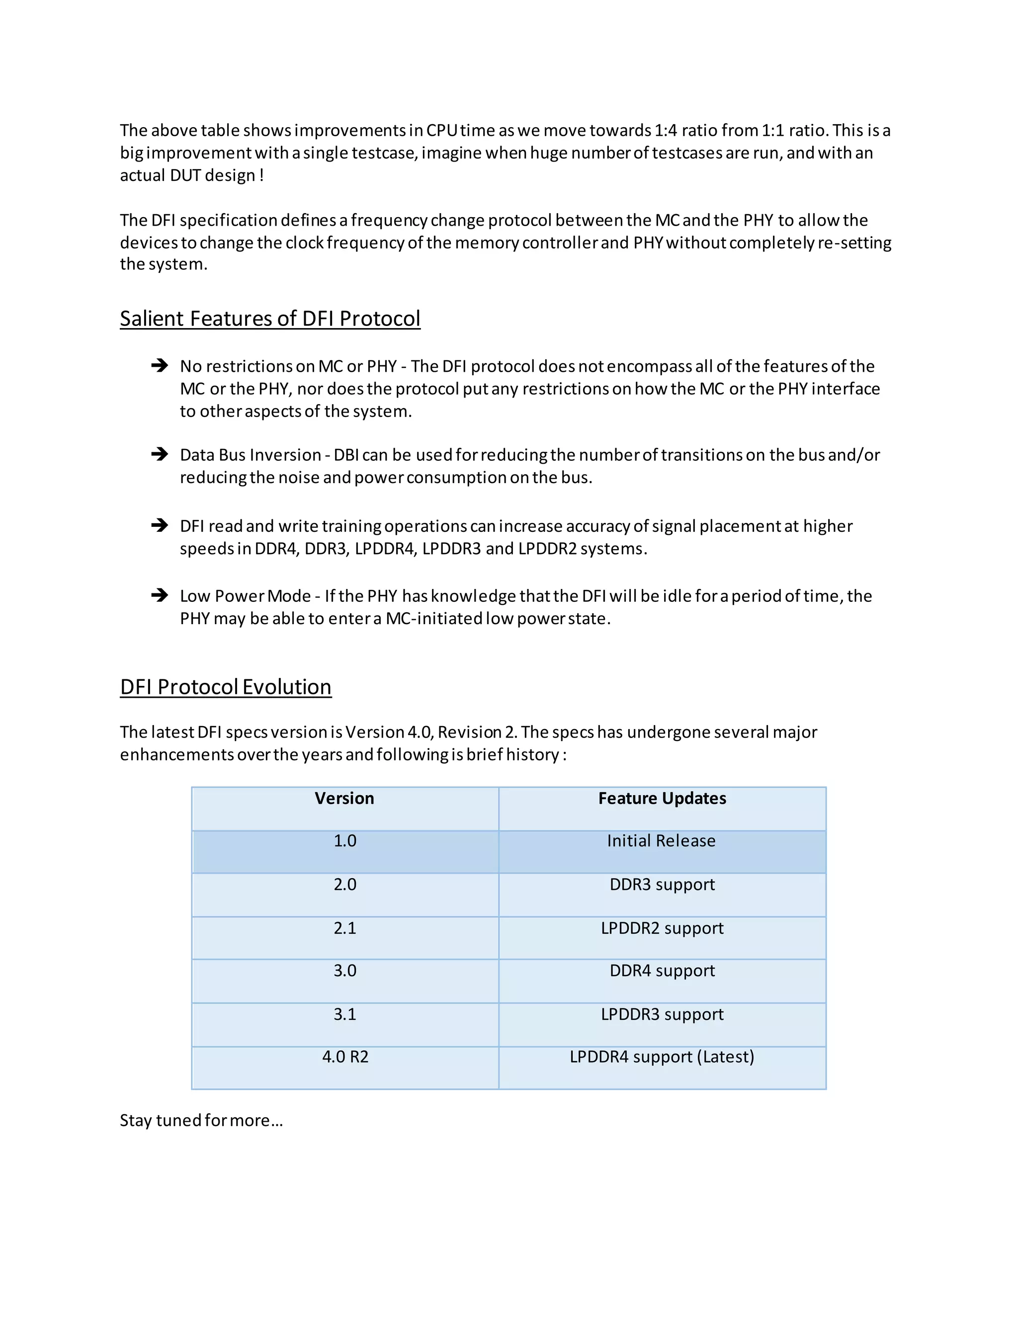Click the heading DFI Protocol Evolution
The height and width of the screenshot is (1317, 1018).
coord(226,687)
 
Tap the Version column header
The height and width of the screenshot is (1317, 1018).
coord(344,799)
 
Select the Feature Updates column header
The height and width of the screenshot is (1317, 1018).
coord(662,799)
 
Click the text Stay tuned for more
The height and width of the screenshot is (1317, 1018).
coord(201,1120)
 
